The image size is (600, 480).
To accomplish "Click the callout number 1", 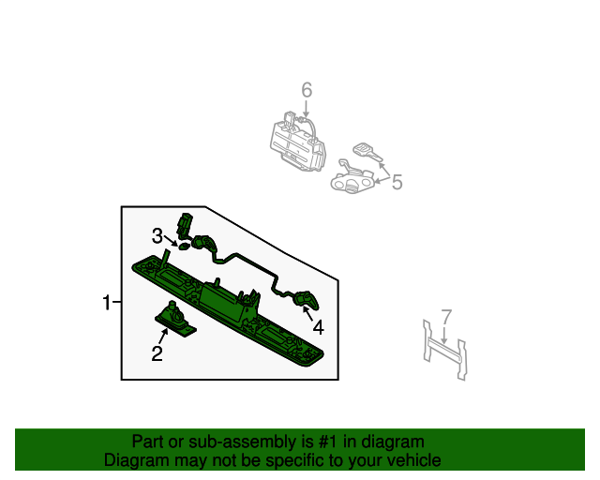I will pos(107,303).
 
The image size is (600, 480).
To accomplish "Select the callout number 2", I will pos(157,353).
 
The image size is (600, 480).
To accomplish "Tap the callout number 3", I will pos(158,235).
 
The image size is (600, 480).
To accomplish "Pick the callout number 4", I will pos(318,327).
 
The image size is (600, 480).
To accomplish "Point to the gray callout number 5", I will pos(397,182).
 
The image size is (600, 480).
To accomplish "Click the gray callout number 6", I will pos(306,91).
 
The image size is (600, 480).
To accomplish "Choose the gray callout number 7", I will pos(446,317).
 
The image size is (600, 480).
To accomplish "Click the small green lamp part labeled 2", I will pos(174,319).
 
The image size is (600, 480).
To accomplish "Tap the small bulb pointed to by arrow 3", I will pos(184,247).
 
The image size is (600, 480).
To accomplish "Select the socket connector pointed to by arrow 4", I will pos(304,301).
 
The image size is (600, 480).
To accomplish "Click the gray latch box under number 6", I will pos(296,142).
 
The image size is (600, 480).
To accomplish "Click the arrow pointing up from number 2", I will pos(163,334).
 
